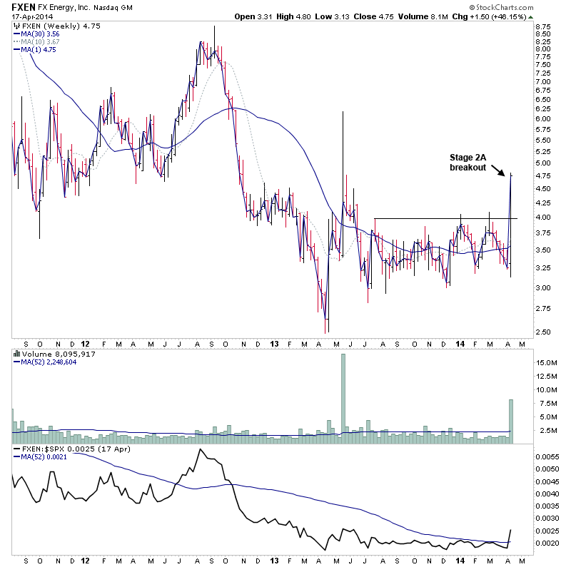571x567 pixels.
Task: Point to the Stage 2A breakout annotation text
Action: click(x=468, y=162)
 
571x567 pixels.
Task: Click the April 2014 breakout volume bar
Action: click(x=511, y=421)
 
